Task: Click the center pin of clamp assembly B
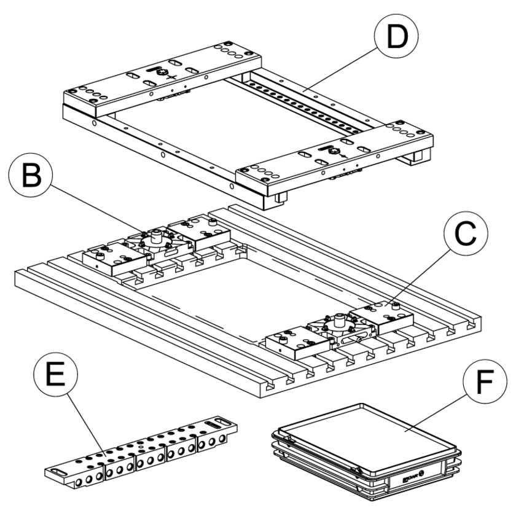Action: tap(155, 234)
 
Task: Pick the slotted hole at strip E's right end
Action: tap(214, 423)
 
